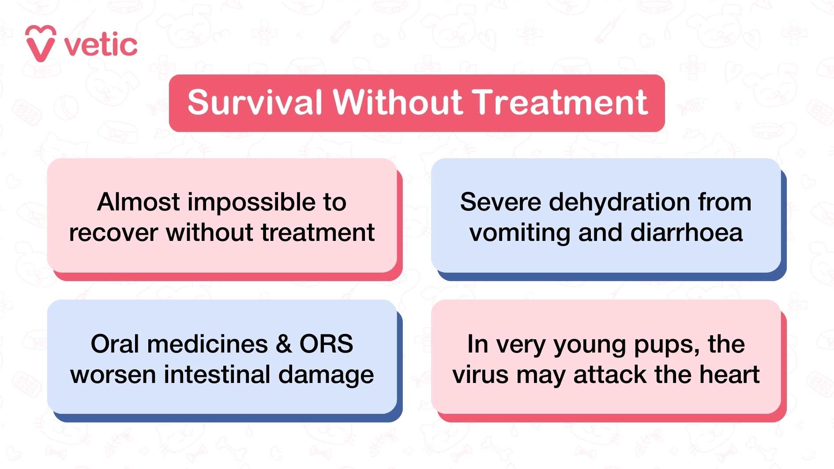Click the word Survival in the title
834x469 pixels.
pyautogui.click(x=255, y=103)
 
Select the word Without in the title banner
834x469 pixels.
pyautogui.click(x=398, y=102)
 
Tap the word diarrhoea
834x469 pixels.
pyautogui.click(x=687, y=233)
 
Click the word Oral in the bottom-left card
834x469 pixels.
pyautogui.click(x=115, y=344)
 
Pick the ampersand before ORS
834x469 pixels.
pyautogui.click(x=284, y=344)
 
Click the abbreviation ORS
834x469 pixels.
pyautogui.click(x=326, y=344)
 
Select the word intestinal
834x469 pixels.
pyautogui.click(x=217, y=375)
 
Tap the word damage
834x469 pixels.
pyautogui.click(x=326, y=375)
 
